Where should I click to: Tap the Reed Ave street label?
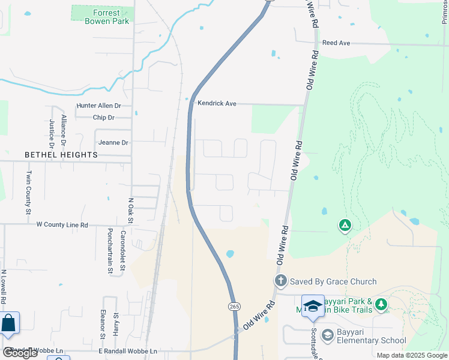point(336,43)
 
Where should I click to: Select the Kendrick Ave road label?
point(217,104)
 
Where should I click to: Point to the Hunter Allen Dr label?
point(98,106)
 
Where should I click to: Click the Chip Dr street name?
point(103,118)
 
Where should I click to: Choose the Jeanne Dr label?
point(112,143)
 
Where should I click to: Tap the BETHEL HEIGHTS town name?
point(61,155)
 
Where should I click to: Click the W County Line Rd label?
point(62,225)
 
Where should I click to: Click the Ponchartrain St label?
point(110,250)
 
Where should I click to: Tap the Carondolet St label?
point(123,250)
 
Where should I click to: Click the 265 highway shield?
point(233,307)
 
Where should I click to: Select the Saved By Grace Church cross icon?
point(280,281)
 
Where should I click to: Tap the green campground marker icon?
point(345,226)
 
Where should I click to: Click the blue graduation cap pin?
point(313,307)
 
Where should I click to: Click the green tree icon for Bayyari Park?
point(381,305)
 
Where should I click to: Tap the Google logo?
point(20,353)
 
